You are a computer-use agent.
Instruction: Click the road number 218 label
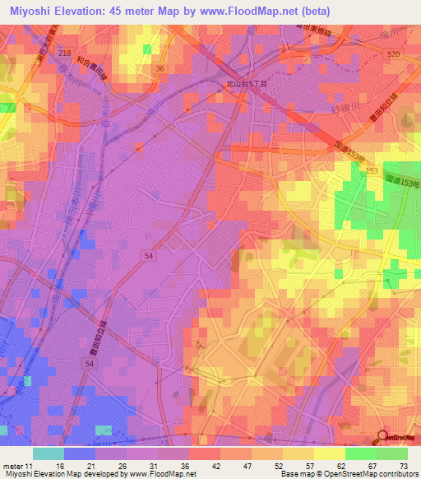click(65, 52)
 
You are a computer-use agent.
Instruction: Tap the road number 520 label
click(392, 53)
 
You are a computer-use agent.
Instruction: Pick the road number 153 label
click(372, 170)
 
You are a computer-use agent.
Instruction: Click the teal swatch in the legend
click(48, 453)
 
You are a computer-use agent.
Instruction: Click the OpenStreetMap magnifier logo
click(382, 437)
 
